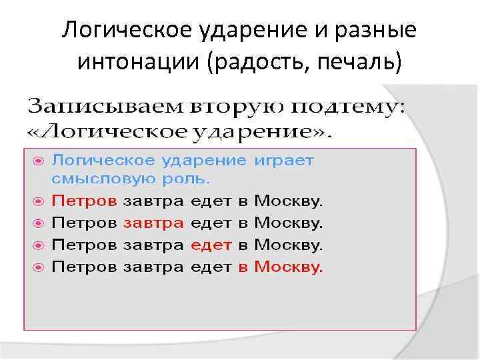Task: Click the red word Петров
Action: (x=85, y=199)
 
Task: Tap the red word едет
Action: (x=211, y=245)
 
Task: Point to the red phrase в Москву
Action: (x=281, y=267)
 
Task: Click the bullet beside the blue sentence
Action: (x=39, y=161)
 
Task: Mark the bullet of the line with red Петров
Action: (x=39, y=200)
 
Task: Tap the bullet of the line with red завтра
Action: (x=39, y=223)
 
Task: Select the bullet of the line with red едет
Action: (x=39, y=245)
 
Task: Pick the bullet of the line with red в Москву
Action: (x=39, y=268)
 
